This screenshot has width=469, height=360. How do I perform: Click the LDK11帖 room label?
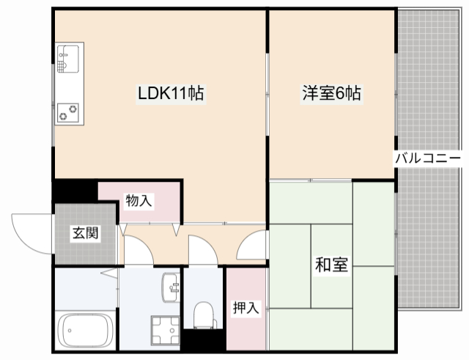tap(171, 94)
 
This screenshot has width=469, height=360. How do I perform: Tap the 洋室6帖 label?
tap(332, 94)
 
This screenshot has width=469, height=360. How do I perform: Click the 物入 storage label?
tap(139, 200)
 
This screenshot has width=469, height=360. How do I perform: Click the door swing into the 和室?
tap(253, 244)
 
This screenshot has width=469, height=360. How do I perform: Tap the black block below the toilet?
tap(202, 340)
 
